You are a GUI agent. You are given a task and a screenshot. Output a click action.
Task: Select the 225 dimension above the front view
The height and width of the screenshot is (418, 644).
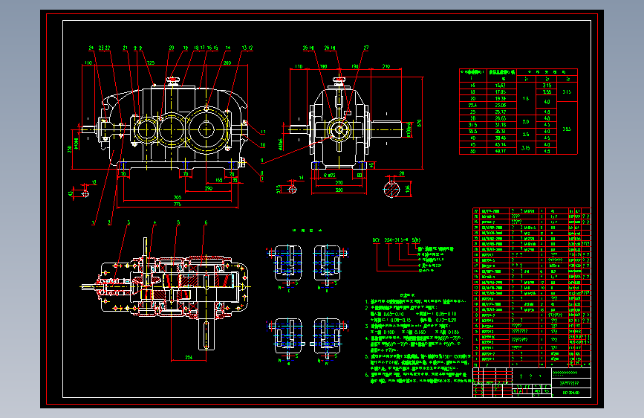coord(151,62)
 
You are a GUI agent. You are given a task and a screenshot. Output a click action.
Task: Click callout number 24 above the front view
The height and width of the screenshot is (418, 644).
coord(91,48)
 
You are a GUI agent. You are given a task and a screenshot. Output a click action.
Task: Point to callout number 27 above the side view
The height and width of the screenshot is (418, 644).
coord(366,48)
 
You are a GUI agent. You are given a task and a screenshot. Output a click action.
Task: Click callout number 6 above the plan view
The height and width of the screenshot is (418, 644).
coord(205,222)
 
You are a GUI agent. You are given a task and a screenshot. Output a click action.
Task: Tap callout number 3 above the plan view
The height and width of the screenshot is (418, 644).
coord(128,222)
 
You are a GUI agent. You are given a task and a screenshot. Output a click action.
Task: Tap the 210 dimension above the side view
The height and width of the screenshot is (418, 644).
coord(386,67)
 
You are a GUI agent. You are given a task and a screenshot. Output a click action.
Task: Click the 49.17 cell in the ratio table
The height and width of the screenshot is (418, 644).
coord(499,151)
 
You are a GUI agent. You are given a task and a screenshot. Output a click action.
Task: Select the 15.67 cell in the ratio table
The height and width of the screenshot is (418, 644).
coord(499,86)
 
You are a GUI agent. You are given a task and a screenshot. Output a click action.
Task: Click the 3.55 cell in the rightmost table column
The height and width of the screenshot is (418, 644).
coord(566,128)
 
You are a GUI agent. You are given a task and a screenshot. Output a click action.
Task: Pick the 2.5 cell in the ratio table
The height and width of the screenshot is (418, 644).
coord(526,135)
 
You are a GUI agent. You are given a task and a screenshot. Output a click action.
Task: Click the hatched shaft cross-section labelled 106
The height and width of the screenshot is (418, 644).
coord(391,187)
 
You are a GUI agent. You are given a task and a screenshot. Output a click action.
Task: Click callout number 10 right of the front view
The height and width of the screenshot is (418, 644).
coord(262,143)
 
